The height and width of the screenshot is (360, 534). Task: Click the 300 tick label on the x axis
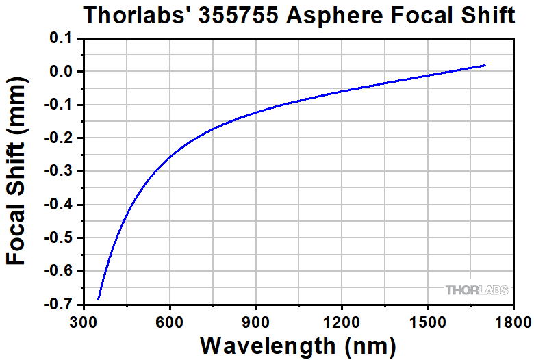[x=84, y=320]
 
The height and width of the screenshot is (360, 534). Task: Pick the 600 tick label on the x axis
[x=169, y=320]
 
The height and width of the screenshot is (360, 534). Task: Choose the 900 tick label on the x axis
[x=255, y=320]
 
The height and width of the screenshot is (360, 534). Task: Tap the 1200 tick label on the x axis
[x=342, y=320]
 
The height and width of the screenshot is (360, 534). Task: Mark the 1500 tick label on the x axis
[x=427, y=320]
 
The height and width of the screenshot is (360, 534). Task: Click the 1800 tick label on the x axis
[x=513, y=320]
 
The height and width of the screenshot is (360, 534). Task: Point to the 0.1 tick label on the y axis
[x=63, y=38]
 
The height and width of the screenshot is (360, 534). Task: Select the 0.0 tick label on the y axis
[x=63, y=72]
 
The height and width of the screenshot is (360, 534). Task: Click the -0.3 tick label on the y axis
[x=60, y=172]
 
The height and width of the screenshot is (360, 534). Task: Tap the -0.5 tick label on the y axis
[x=60, y=238]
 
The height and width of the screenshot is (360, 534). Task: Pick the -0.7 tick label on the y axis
[x=60, y=305]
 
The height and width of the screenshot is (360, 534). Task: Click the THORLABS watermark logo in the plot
[x=477, y=290]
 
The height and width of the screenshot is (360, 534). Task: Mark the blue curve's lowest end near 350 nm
[x=99, y=298]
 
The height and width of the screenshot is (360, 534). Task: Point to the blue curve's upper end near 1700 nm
[x=485, y=66]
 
